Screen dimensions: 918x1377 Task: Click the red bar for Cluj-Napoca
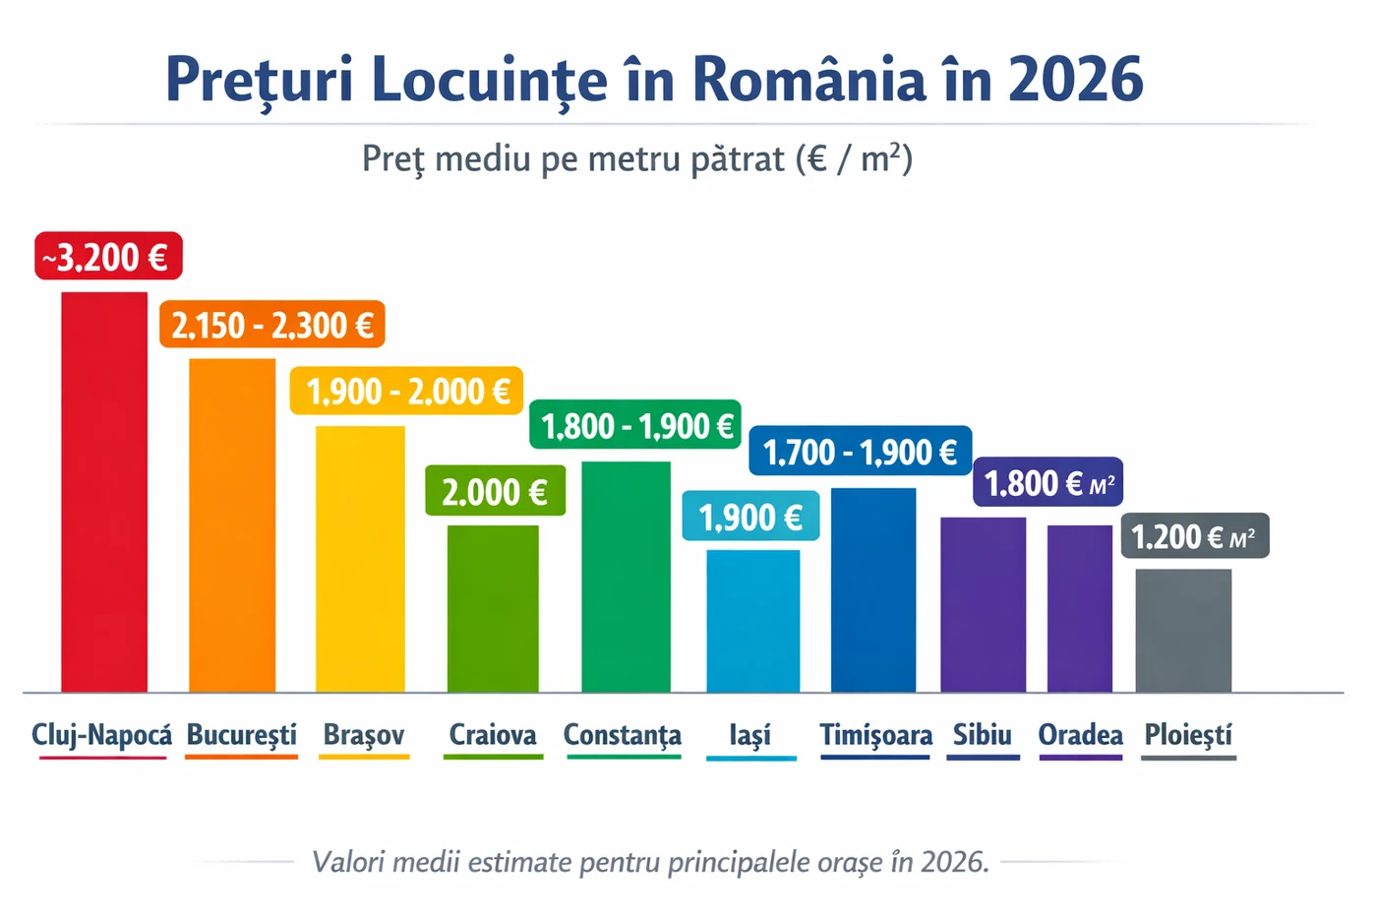[104, 492]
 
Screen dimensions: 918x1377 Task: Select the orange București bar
[232, 525]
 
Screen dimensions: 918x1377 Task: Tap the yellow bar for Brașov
[360, 559]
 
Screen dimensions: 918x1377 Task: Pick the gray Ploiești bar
[1183, 630]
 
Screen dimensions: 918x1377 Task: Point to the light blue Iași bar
[753, 620]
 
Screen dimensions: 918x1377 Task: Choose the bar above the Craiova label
[493, 608]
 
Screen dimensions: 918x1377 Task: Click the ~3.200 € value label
[108, 257]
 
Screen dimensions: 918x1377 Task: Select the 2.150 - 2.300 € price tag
[272, 325]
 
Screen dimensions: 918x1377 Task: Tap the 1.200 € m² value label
[1194, 536]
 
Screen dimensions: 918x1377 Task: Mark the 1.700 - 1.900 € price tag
[861, 452]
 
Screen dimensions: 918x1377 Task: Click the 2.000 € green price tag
[495, 491]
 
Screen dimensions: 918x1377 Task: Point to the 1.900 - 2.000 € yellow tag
[406, 392]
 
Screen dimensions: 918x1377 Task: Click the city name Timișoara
[875, 735]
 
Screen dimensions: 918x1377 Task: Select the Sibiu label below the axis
[982, 735]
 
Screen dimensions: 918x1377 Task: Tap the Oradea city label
[1080, 735]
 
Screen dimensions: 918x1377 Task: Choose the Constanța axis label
[622, 735]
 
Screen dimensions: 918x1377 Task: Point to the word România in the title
[809, 80]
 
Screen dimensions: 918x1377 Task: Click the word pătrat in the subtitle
[738, 158]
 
